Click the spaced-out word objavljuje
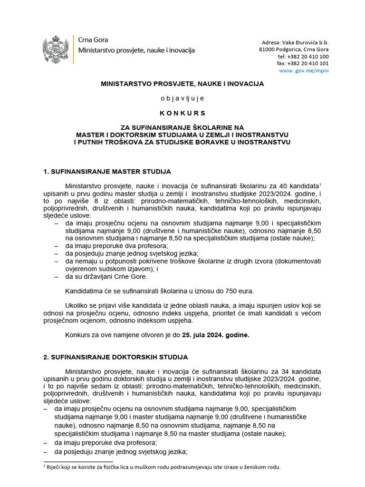pos(182,98)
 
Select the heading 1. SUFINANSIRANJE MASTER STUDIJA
pos(107,171)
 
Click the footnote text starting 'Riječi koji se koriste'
pos(162,467)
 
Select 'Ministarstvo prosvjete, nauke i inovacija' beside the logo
pos(136,50)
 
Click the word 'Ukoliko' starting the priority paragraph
pos(77,305)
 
